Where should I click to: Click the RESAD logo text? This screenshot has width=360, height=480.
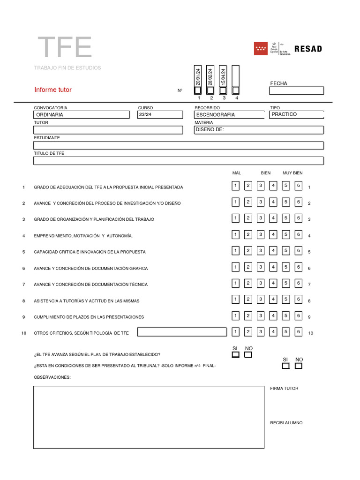pyautogui.click(x=308, y=49)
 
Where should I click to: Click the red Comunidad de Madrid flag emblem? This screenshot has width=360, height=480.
pyautogui.click(x=261, y=49)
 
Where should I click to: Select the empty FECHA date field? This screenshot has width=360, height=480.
pyautogui.click(x=296, y=90)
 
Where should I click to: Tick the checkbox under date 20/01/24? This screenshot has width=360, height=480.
pyautogui.click(x=198, y=90)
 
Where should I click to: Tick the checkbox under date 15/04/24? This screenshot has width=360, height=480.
pyautogui.click(x=223, y=90)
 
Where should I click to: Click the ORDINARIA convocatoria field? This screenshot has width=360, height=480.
pyautogui.click(x=82, y=114)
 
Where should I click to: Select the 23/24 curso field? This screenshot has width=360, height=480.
pyautogui.click(x=160, y=114)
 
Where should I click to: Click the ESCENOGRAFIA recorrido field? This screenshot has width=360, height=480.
pyautogui.click(x=229, y=114)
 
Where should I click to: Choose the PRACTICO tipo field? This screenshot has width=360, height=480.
pyautogui.click(x=296, y=114)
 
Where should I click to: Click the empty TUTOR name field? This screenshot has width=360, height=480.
pyautogui.click(x=108, y=130)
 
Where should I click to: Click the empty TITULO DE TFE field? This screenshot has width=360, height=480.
pyautogui.click(x=178, y=161)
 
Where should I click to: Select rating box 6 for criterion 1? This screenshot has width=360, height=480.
pyautogui.click(x=298, y=186)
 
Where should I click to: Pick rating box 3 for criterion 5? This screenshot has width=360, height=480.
pyautogui.click(x=261, y=251)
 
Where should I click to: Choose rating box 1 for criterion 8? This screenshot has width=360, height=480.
pyautogui.click(x=236, y=300)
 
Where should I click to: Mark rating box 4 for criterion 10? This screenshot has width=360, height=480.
pyautogui.click(x=273, y=332)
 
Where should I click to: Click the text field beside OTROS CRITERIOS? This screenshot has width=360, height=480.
pyautogui.click(x=178, y=332)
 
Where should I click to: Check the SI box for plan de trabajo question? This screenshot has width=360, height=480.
pyautogui.click(x=235, y=355)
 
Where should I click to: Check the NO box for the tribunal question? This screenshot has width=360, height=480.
pyautogui.click(x=299, y=366)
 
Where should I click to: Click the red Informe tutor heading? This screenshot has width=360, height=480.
pyautogui.click(x=53, y=90)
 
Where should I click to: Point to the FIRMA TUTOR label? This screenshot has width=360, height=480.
pyautogui.click(x=284, y=389)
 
